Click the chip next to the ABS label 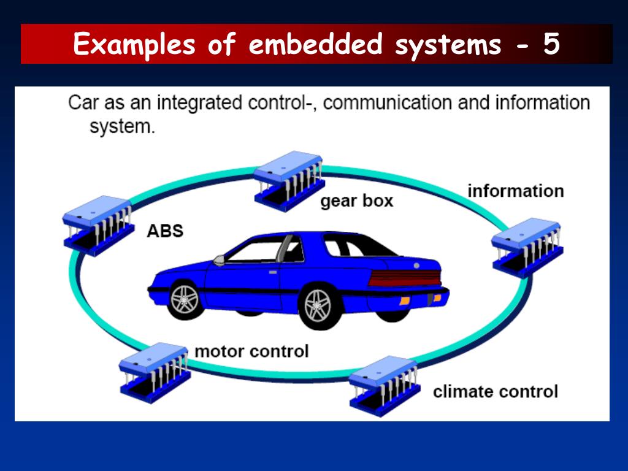[x=99, y=226]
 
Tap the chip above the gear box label [x=289, y=181]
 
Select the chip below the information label [x=527, y=248]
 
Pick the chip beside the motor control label [x=155, y=373]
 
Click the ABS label [x=165, y=231]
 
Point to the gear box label [x=356, y=201]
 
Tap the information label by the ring [x=516, y=191]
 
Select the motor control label [x=251, y=351]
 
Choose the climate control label [x=496, y=391]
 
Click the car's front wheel [x=185, y=299]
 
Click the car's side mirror [x=219, y=260]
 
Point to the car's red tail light [x=405, y=278]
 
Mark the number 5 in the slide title [x=551, y=44]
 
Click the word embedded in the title [x=316, y=44]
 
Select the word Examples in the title [x=134, y=45]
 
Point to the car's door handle [x=273, y=272]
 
